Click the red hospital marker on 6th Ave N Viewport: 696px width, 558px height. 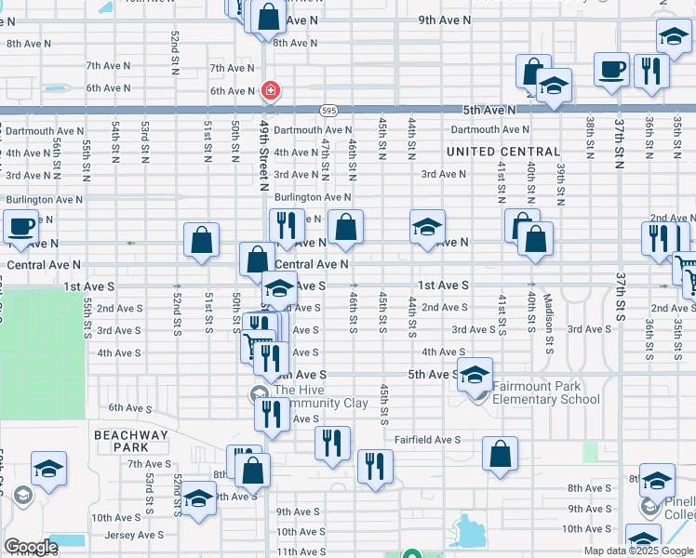pos(270,91)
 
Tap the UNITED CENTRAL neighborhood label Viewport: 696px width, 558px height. pos(503,152)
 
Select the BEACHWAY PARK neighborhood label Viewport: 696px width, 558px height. pos(131,441)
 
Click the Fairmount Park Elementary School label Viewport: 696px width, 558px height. pos(545,393)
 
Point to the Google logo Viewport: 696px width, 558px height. pos(31,547)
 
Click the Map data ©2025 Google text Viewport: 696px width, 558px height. pos(638,551)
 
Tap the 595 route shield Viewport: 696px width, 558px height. pos(328,110)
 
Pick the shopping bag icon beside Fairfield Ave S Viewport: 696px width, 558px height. pos(500,455)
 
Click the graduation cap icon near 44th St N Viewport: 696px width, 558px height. pos(427,228)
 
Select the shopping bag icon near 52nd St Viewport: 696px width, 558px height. pos(201,241)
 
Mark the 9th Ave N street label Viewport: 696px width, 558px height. pos(444,20)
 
